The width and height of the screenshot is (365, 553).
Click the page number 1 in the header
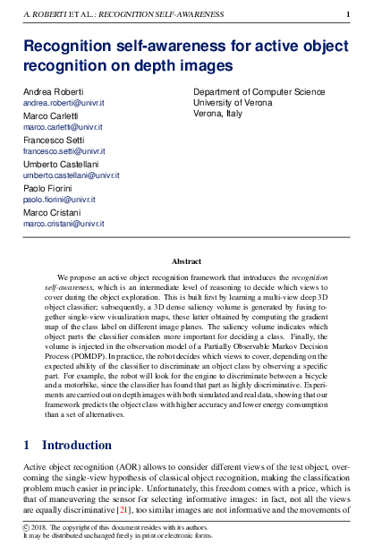347,14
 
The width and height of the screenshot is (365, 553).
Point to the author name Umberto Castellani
60,165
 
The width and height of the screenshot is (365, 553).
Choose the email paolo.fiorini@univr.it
57,200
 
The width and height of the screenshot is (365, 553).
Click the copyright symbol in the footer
27,529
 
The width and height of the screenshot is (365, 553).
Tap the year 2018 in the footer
41,529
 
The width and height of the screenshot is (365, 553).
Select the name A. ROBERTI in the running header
44,14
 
